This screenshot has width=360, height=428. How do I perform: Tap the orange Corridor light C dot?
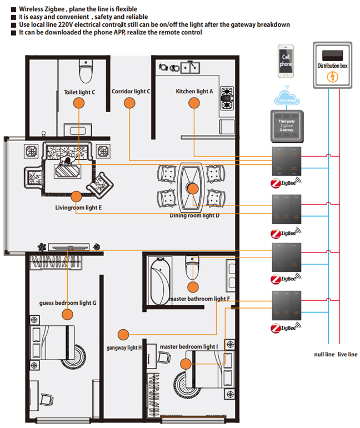click(x=129, y=103)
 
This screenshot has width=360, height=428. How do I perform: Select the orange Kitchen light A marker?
click(x=193, y=103)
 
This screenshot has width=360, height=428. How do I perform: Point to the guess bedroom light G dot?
click(x=68, y=314)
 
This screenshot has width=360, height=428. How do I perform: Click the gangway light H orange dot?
click(x=123, y=334)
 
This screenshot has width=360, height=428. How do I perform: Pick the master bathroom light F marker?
click(x=193, y=287)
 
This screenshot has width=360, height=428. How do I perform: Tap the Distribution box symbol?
click(x=332, y=65)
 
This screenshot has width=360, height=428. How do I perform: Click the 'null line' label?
click(x=322, y=355)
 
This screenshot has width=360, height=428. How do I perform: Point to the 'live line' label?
click(x=347, y=355)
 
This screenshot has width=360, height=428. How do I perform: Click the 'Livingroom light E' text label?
click(x=78, y=208)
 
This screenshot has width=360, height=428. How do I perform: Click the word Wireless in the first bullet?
click(x=32, y=9)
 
